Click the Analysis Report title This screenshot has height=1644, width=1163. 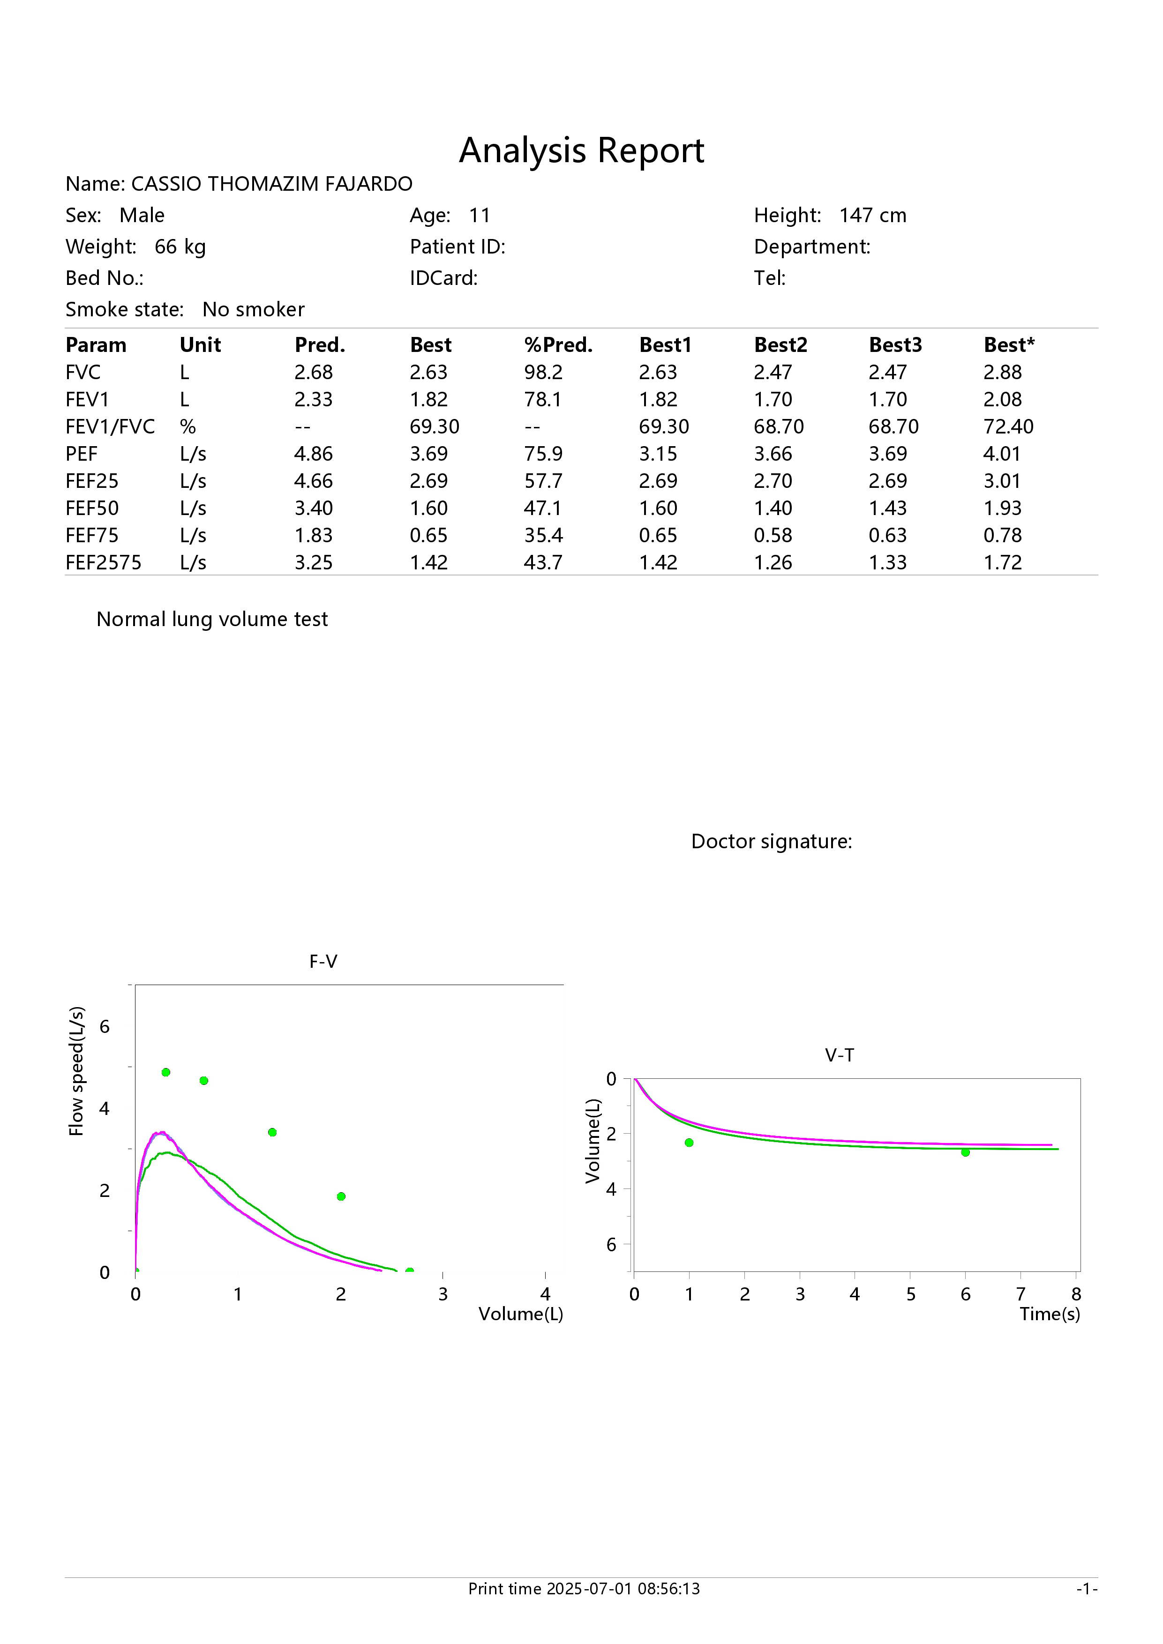581,150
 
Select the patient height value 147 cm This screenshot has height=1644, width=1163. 872,216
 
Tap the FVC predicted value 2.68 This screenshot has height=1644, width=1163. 313,372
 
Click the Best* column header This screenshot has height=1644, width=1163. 1009,345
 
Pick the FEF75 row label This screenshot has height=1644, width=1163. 92,536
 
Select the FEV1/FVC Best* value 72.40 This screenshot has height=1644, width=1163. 1008,427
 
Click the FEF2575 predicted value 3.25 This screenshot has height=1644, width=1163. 313,563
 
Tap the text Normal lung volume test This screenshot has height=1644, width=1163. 212,620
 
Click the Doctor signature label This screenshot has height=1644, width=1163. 771,841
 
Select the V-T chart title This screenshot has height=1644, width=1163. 839,1055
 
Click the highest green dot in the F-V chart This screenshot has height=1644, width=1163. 166,1072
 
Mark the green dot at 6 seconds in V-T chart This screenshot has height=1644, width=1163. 965,1152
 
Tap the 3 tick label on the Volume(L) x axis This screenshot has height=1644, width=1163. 443,1294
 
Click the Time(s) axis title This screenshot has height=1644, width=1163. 1050,1314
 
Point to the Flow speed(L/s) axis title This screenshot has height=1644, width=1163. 76,1071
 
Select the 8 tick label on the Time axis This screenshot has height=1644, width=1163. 1076,1294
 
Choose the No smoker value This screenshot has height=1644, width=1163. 254,309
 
